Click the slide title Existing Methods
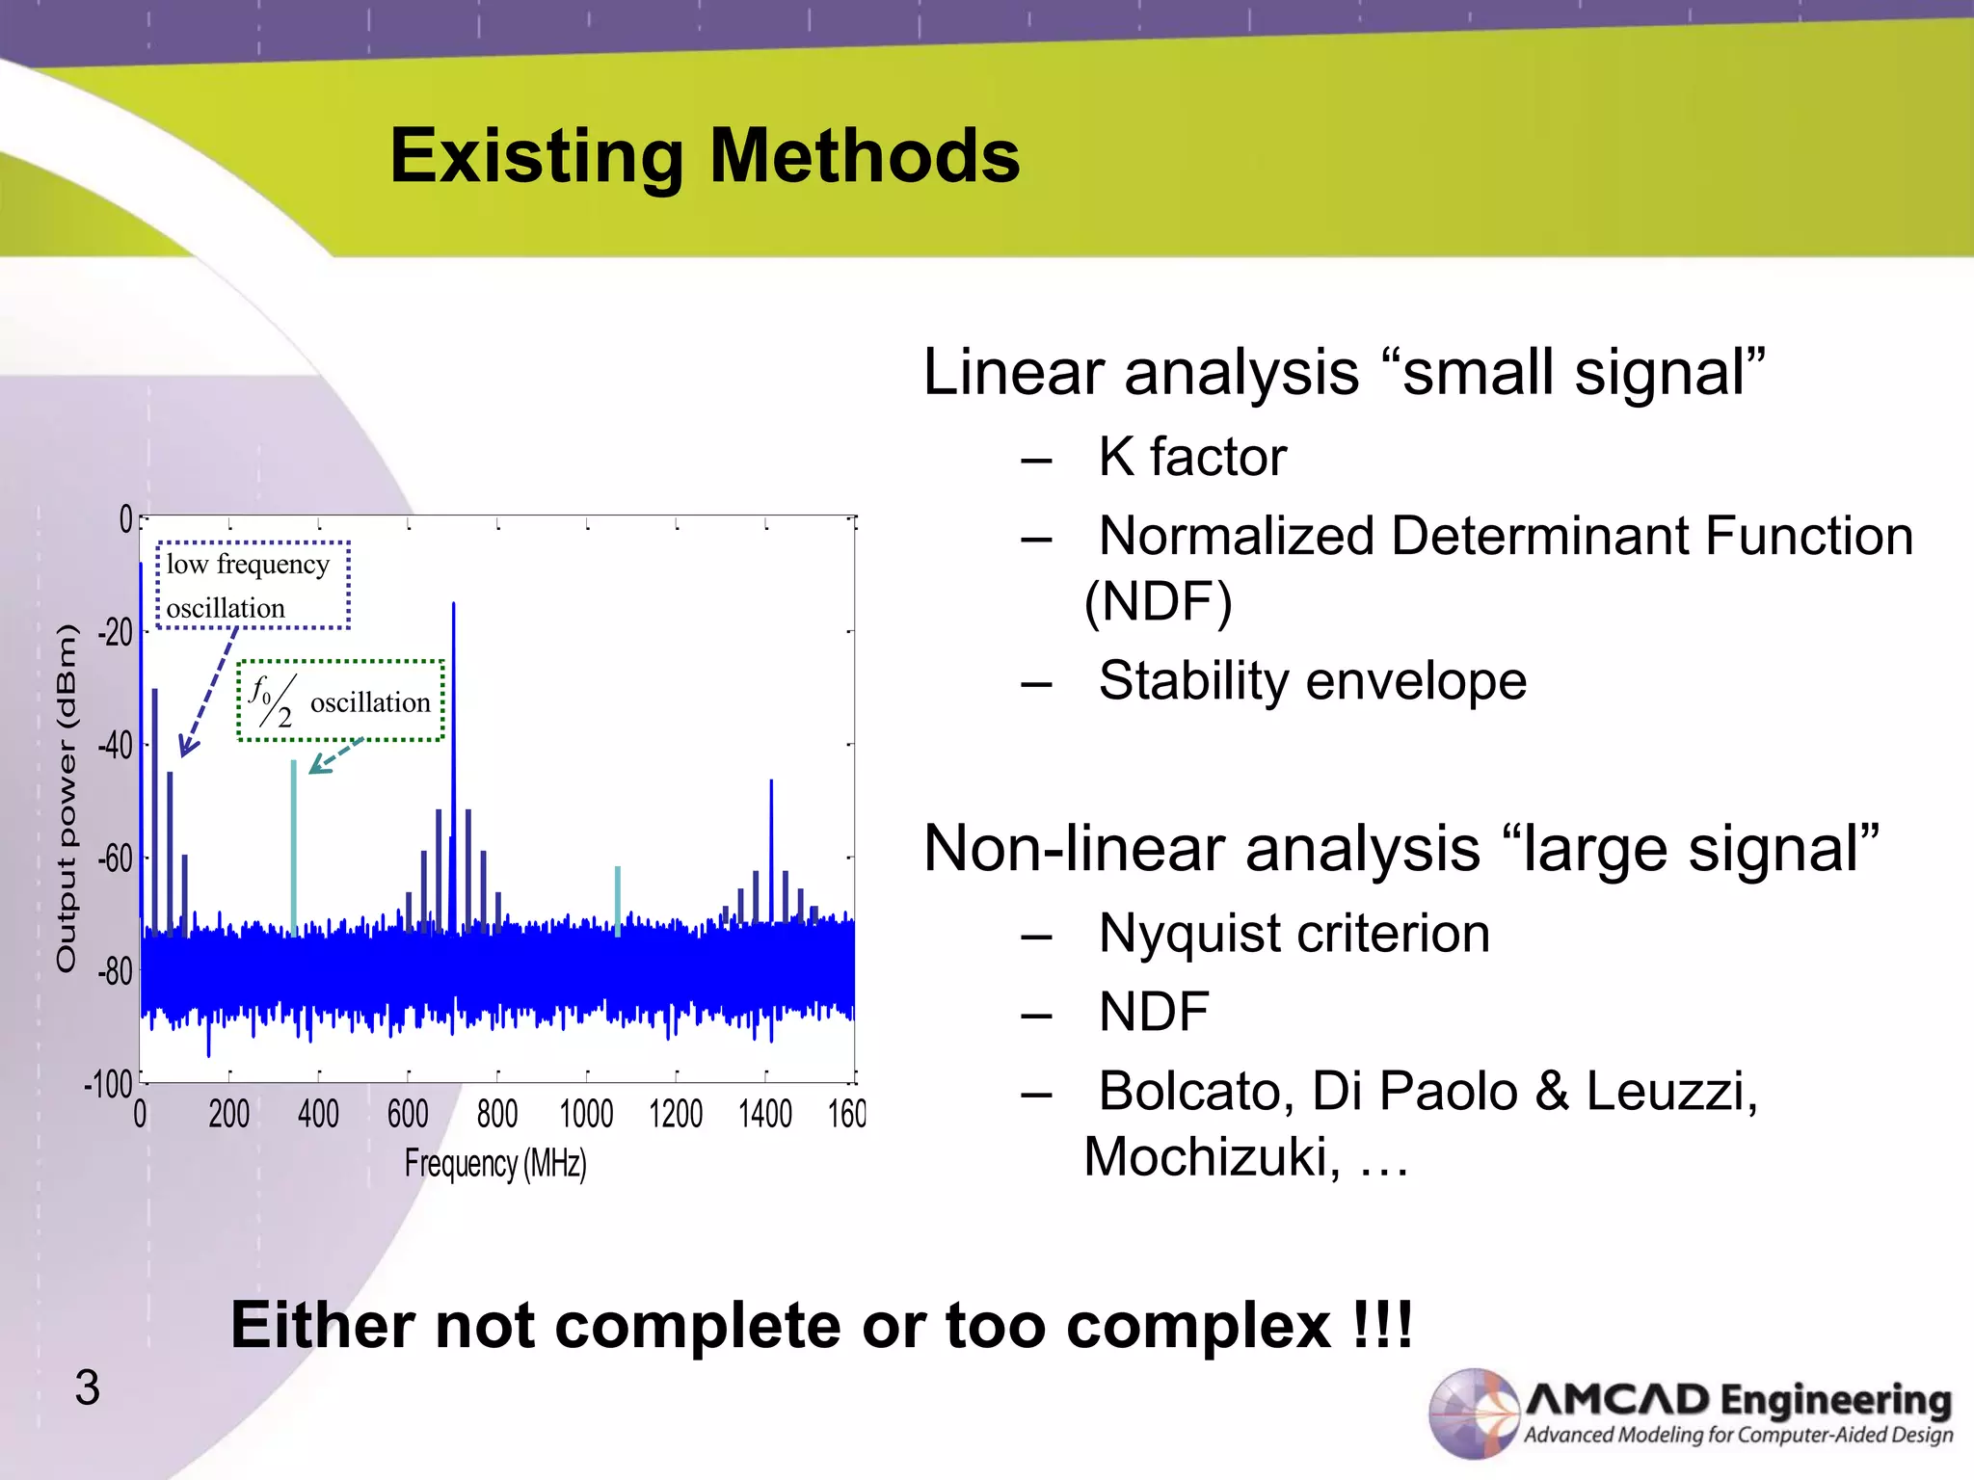coord(705,156)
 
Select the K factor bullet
coord(1191,457)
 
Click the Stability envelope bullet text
coord(1312,681)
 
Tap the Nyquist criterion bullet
coord(1294,934)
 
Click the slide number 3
coord(87,1388)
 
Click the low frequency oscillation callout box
coord(253,586)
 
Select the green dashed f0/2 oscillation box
coord(340,700)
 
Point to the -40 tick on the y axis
coord(115,745)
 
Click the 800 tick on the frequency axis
coord(497,1115)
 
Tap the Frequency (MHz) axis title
coord(495,1163)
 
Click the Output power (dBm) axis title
coord(66,798)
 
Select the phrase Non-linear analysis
coord(1200,849)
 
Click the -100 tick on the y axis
coord(108,1084)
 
